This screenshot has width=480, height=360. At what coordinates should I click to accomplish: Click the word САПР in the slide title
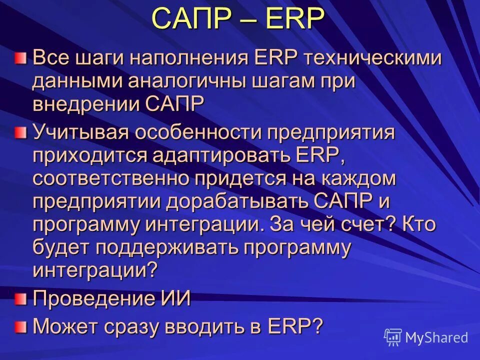190,18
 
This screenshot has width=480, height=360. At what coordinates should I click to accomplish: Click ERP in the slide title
293,18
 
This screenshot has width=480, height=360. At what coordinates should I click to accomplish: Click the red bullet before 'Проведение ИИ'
19,299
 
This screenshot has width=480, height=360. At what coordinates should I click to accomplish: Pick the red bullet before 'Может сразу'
19,327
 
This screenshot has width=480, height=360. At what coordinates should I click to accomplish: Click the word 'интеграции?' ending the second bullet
95,270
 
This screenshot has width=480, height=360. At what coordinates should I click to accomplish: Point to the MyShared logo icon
393,337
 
